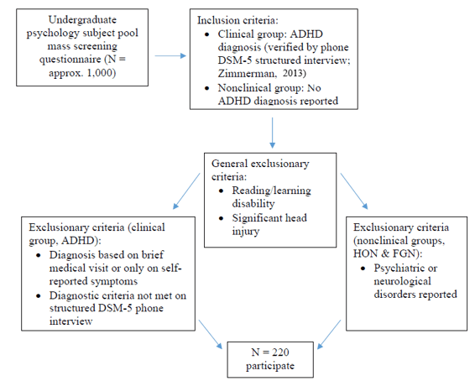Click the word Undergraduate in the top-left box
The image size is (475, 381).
(82, 20)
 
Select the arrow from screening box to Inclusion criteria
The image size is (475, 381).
(170, 55)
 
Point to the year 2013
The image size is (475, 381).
(293, 73)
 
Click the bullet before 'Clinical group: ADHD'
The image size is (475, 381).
(207, 34)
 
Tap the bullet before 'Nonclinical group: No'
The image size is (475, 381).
(207, 88)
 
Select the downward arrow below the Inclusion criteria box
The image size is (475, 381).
(273, 133)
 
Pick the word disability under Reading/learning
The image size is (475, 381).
(253, 204)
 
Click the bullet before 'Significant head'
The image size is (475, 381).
(222, 218)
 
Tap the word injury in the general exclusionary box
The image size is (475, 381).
(246, 232)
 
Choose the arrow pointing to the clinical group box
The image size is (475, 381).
(186, 191)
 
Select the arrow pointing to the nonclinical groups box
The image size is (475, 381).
(354, 191)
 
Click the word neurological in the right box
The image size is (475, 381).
(402, 281)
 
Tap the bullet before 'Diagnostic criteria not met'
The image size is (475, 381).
(39, 295)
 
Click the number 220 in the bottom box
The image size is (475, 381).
(280, 352)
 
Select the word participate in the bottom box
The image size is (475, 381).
(270, 366)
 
